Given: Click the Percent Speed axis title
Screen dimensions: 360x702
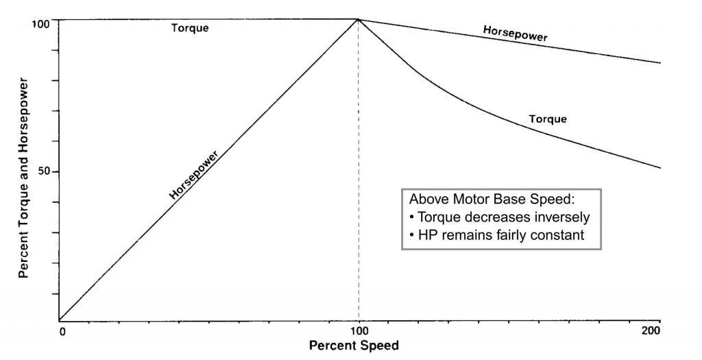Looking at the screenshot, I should click(x=353, y=346).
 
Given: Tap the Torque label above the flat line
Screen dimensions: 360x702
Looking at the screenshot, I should click(x=190, y=28).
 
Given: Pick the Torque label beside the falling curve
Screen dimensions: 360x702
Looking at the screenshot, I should click(x=548, y=119).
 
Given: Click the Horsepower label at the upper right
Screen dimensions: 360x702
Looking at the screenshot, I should click(x=515, y=34).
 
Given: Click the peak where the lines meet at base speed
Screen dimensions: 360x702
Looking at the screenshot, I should click(x=359, y=19).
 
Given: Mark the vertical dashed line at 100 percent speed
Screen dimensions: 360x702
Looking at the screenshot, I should click(x=359, y=206).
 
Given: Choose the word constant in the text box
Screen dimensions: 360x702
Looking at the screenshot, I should click(x=561, y=235).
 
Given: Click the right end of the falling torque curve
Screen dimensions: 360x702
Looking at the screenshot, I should click(x=659, y=168).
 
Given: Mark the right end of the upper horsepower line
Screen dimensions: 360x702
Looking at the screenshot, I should click(x=659, y=63).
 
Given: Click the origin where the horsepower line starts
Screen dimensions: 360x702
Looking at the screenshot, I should click(x=60, y=320).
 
